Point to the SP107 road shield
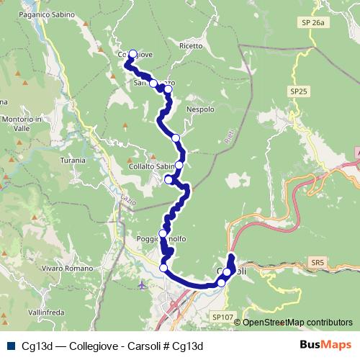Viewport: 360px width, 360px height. (222, 317)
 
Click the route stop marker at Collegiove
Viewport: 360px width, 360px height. (132, 53)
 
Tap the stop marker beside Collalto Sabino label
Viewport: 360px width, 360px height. (179, 166)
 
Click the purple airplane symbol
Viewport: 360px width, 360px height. (142, 286)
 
